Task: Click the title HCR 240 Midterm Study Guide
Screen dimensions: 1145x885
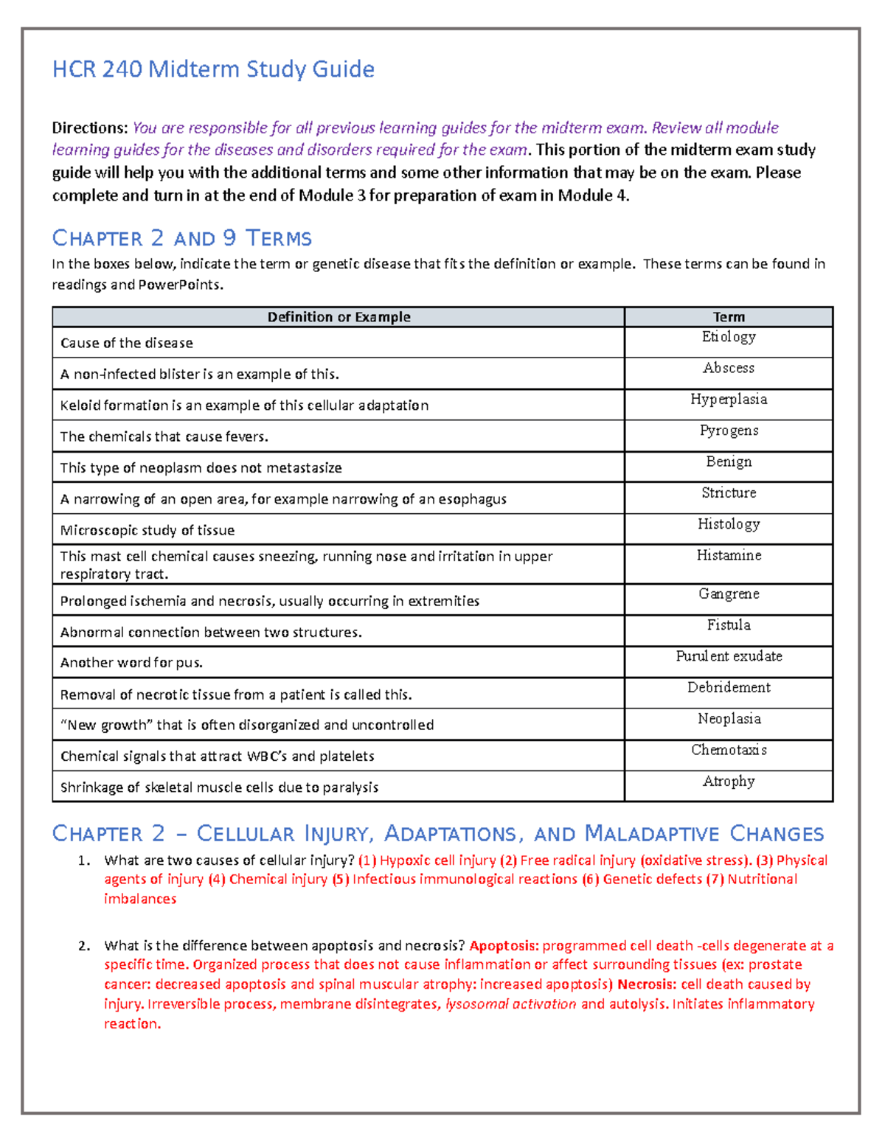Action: [x=213, y=69]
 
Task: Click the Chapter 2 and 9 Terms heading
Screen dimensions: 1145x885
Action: [x=181, y=238]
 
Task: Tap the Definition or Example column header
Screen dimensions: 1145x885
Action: [x=339, y=317]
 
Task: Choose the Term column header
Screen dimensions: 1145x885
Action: [x=729, y=317]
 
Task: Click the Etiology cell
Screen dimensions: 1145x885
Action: [x=729, y=337]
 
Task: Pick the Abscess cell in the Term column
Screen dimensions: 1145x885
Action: [x=729, y=368]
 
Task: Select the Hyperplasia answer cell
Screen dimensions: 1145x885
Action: [x=729, y=399]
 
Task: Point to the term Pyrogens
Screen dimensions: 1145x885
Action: [x=729, y=431]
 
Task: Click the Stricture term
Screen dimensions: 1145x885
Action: [x=729, y=493]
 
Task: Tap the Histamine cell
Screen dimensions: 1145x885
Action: [x=729, y=555]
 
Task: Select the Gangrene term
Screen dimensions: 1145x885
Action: [x=729, y=594]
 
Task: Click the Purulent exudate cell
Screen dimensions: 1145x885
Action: [x=729, y=656]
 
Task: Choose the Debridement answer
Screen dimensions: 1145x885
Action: [x=729, y=687]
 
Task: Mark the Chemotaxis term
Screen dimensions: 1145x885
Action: [x=729, y=750]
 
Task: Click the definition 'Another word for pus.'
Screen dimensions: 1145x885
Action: [x=131, y=663]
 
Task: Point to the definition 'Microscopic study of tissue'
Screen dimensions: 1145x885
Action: [x=147, y=530]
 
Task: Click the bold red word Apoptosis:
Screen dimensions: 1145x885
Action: [x=504, y=946]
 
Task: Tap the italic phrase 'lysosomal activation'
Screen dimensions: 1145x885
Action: [x=511, y=1004]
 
